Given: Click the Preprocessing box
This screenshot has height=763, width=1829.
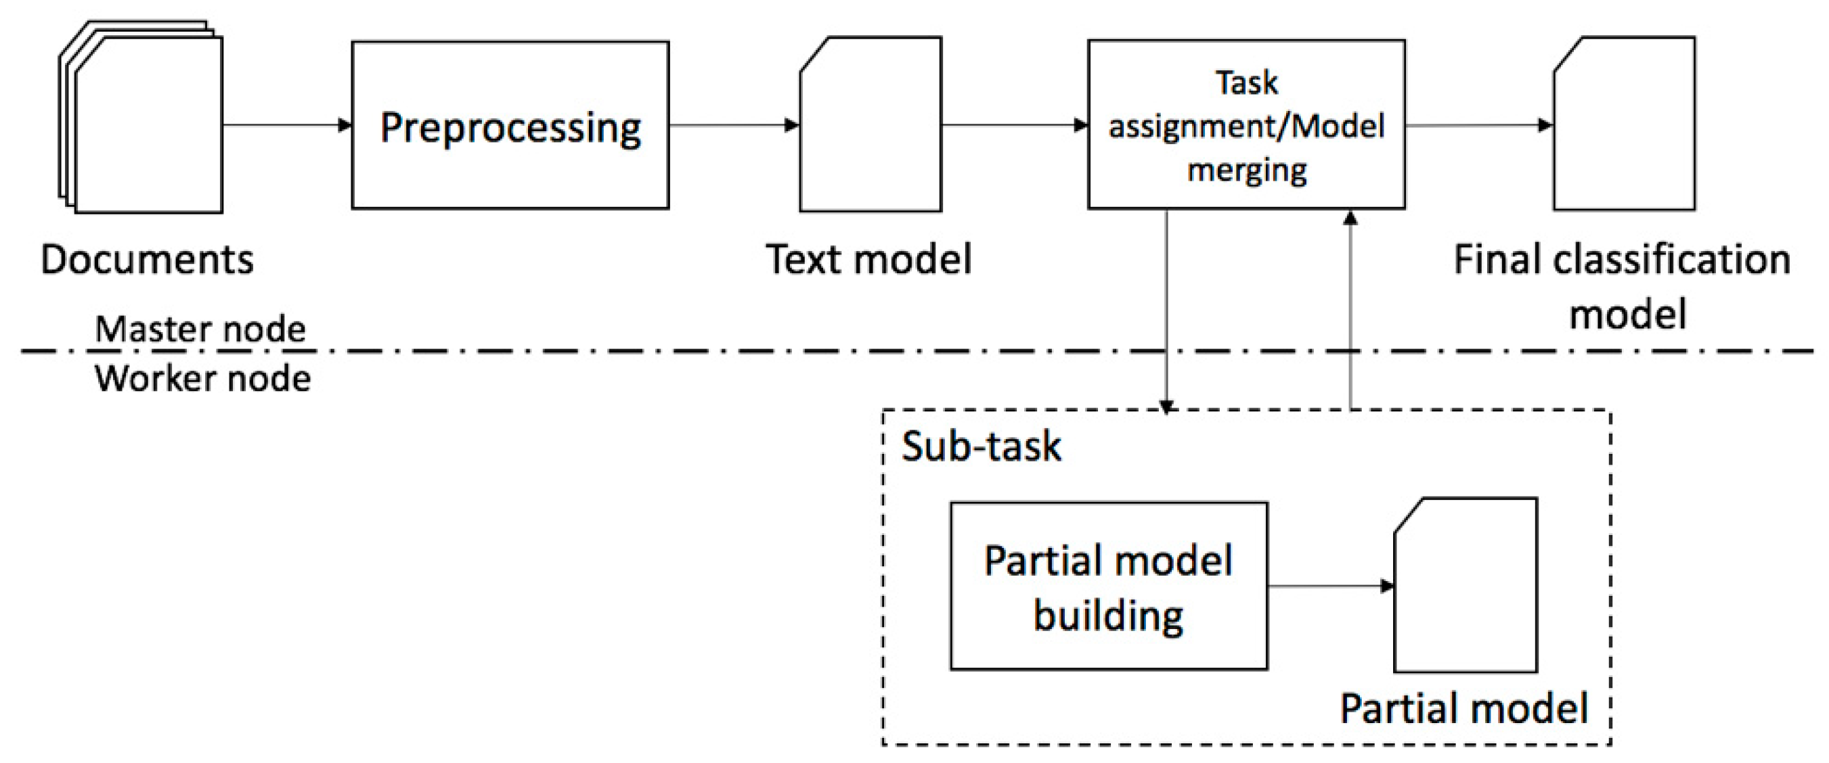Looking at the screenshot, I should pos(510,125).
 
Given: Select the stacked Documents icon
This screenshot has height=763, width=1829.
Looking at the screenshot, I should pos(142,120).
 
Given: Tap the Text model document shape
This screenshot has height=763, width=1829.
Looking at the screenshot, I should pos(871,125).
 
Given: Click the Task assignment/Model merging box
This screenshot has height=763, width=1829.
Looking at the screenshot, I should pos(1246,125).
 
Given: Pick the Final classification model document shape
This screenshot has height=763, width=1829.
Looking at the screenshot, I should pos(1624,125).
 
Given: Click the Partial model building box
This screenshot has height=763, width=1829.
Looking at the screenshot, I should pos(1108,586).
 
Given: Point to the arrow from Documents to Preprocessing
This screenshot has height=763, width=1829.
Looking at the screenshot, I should pos(287,126).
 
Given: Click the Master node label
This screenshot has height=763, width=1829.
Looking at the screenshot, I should pos(200,329).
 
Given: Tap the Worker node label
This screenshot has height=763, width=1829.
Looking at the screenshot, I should pos(202,378).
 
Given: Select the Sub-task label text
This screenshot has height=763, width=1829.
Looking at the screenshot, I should pos(981,446).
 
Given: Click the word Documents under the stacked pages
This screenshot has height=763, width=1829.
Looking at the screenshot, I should pos(147,259).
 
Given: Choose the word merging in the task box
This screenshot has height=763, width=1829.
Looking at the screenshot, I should pos(1247,170).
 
